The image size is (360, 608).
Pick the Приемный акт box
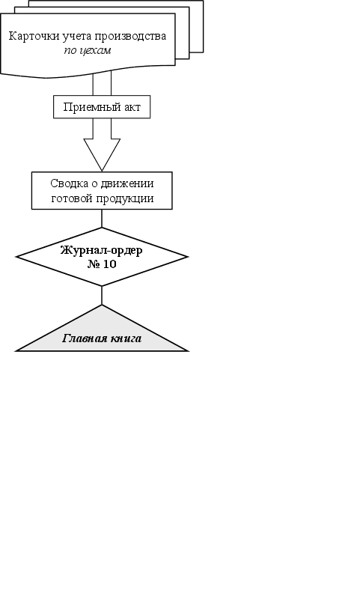[102, 106]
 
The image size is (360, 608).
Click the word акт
[132, 107]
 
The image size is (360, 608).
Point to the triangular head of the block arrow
[102, 154]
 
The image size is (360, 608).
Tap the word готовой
[72, 198]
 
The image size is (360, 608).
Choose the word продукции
[125, 198]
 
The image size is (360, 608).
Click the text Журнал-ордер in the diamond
[102, 251]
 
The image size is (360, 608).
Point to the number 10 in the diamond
[110, 264]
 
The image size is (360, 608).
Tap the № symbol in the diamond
[94, 264]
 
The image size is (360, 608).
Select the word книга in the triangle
[126, 338]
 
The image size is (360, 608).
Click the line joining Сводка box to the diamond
[102, 219]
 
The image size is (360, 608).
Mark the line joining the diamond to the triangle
[102, 296]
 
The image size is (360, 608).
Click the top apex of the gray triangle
[102, 305]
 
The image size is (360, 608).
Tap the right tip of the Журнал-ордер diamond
[188, 257]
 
